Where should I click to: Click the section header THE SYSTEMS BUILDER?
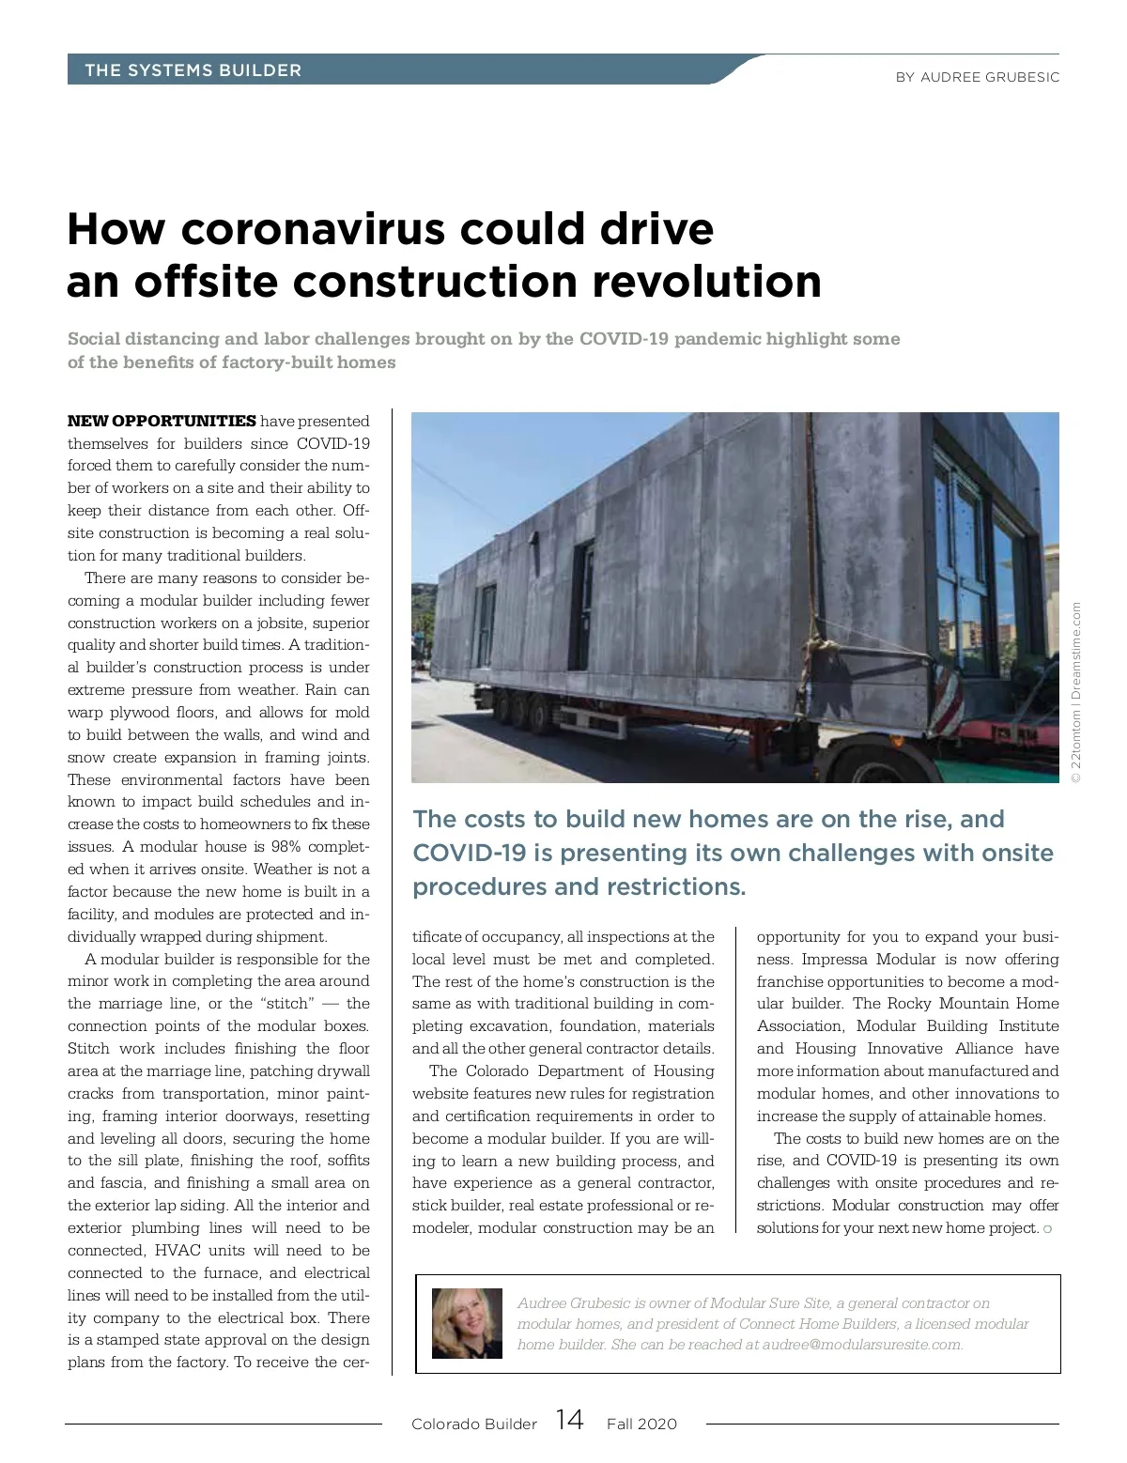[x=193, y=70]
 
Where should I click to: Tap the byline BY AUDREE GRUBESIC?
[x=977, y=77]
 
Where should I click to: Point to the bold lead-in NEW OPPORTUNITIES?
[x=162, y=421]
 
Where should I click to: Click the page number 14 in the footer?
[x=569, y=1419]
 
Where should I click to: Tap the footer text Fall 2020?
[x=641, y=1424]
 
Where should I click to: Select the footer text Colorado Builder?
[x=473, y=1424]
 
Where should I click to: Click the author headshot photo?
[x=467, y=1323]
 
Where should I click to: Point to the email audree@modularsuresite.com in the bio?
[x=861, y=1344]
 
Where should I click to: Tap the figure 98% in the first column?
[x=286, y=846]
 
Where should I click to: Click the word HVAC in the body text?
[x=178, y=1250]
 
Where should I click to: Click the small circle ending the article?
[x=1047, y=1228]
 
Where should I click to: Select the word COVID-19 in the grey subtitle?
[x=624, y=338]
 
